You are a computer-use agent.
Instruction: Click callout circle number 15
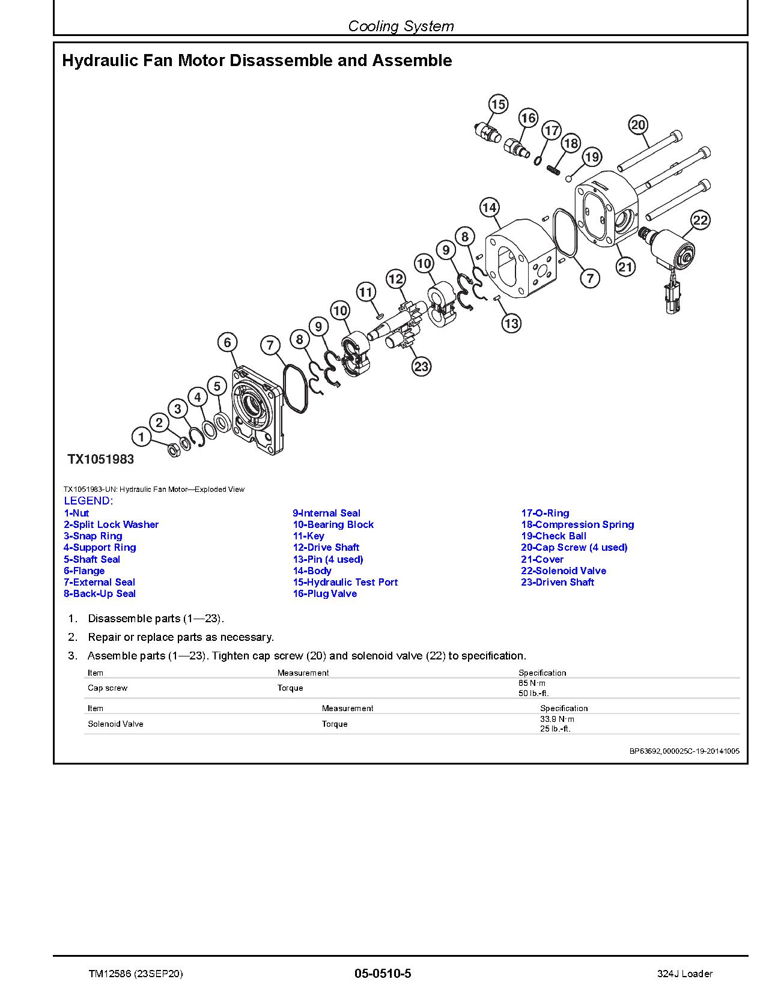(498, 105)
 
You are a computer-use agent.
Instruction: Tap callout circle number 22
(701, 220)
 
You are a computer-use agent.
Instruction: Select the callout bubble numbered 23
(421, 366)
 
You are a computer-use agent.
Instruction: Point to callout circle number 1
(141, 437)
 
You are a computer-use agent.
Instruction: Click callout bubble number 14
(490, 208)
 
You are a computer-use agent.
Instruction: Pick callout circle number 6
(227, 343)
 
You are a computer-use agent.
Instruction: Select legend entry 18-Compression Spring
(577, 524)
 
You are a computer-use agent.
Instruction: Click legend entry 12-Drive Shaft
(326, 547)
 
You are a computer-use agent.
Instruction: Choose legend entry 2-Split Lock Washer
(111, 524)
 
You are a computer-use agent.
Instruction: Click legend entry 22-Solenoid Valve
(563, 571)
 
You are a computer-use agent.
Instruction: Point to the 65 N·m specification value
(532, 683)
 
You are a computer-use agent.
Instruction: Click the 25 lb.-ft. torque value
(555, 729)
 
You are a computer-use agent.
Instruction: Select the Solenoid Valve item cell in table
(115, 724)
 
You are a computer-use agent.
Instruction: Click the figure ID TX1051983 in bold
(100, 459)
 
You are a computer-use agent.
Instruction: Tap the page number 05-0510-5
(383, 974)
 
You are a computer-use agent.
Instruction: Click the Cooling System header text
(401, 26)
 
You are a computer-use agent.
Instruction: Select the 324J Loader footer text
(684, 974)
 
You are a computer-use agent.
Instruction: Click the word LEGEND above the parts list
(88, 501)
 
